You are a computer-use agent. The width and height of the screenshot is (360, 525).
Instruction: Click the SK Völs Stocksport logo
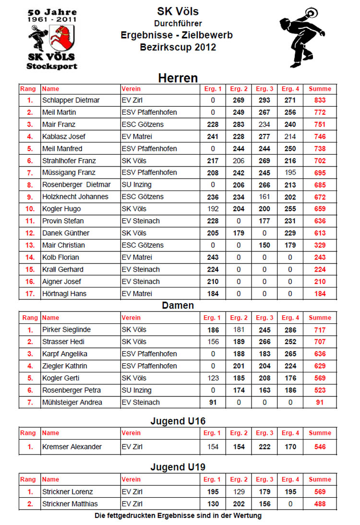pos(51,38)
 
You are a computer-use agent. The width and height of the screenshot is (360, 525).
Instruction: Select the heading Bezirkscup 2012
pos(178,47)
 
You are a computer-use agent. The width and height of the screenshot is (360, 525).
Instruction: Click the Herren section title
pos(178,78)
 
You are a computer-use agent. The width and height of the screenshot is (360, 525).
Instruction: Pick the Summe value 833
pos(320,100)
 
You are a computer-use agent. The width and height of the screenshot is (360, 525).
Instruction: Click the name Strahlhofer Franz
pos(69,161)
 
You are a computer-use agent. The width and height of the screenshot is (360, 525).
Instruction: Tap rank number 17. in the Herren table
pos(30,294)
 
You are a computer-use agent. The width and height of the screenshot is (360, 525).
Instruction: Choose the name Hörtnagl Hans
pos(64,294)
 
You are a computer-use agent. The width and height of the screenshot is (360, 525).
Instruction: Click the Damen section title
pos(178,305)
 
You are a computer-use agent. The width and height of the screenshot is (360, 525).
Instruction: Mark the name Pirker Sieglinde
pos(66,330)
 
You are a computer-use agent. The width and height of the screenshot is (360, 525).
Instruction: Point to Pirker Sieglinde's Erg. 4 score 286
pos(290,330)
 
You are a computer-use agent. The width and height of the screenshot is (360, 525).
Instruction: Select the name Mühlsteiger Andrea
pos(72,402)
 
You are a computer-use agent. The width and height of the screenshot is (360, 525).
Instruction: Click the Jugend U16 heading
pos(178,421)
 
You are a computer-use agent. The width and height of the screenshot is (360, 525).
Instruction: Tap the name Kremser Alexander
pos(72,447)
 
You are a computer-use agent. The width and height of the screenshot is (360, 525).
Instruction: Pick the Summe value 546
pos(320,447)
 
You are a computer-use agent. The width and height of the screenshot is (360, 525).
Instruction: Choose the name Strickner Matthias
pos(70,504)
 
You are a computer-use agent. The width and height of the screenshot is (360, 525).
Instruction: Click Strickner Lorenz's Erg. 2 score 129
pos(239,492)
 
